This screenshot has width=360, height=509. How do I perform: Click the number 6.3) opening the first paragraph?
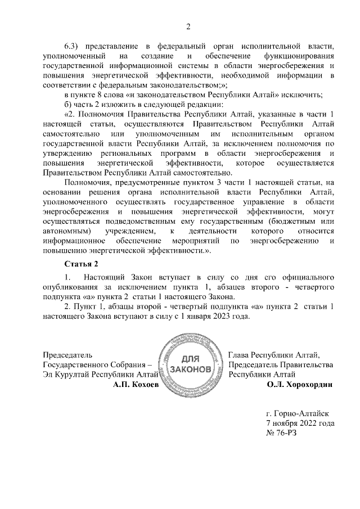tap(74, 45)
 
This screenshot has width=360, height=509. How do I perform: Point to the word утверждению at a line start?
tap(67, 154)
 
